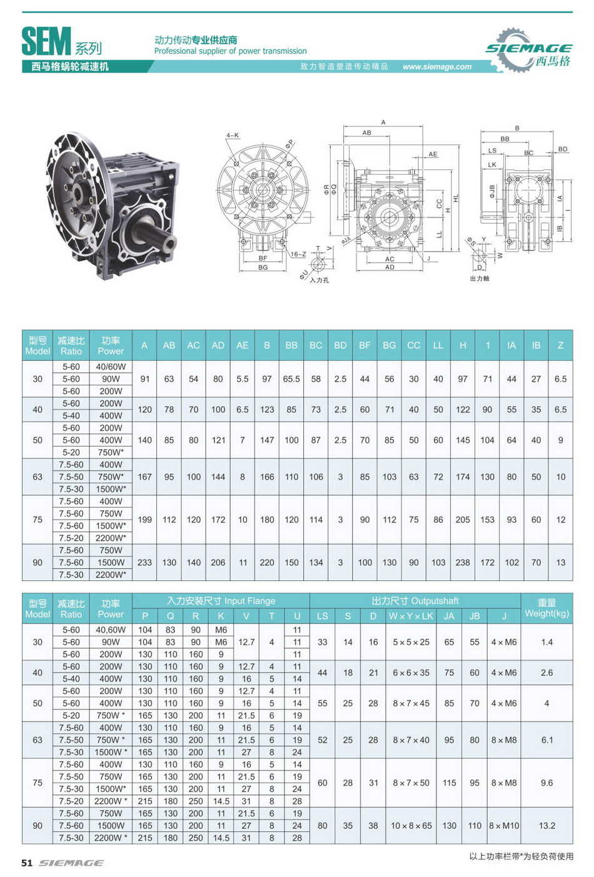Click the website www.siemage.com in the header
click(436, 67)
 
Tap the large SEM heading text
click(46, 42)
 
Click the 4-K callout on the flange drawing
click(233, 135)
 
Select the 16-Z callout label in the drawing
click(298, 254)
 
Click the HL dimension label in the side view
click(456, 197)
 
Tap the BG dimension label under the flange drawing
click(263, 267)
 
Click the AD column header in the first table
click(218, 345)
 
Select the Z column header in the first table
click(560, 345)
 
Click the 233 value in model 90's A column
click(144, 562)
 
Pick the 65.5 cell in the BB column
click(291, 379)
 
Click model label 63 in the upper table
click(38, 477)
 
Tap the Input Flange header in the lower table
click(221, 601)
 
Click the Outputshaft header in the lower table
click(415, 601)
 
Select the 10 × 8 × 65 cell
click(411, 826)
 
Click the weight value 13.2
click(546, 826)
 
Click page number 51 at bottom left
click(27, 863)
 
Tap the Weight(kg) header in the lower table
click(546, 608)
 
